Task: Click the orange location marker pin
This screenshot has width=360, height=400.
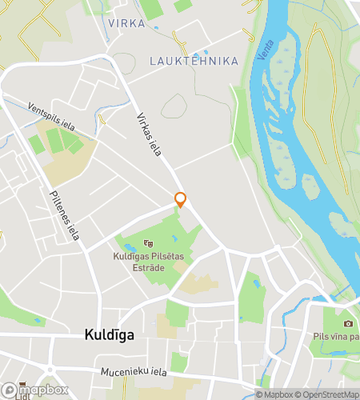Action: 181,199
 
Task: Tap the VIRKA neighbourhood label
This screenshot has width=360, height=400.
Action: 126,24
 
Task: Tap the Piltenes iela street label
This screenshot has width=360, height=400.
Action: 64,214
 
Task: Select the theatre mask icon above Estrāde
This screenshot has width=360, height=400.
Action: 146,243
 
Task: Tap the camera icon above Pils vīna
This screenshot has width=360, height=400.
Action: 348,323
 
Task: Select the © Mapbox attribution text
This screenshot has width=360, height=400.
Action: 274,394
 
